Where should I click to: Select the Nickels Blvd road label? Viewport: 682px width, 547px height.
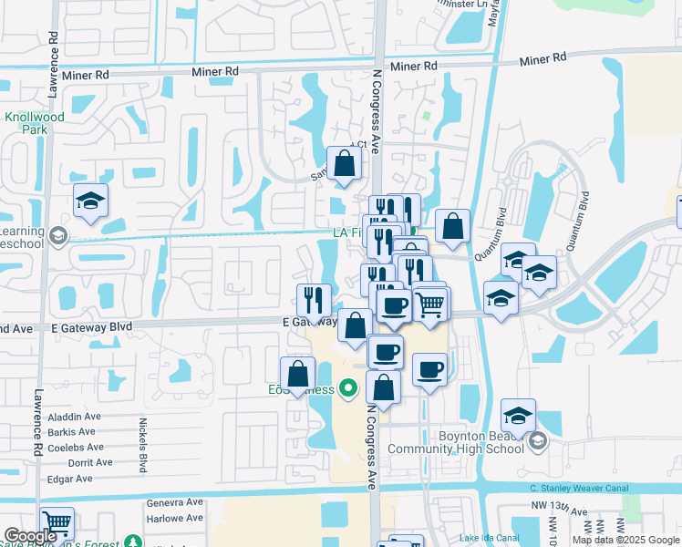tap(143, 446)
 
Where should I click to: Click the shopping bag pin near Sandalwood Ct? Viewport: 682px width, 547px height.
tap(345, 164)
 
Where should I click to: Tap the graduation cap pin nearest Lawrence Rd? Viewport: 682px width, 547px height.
tap(90, 201)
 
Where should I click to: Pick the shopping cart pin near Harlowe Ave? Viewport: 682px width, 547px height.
tap(57, 523)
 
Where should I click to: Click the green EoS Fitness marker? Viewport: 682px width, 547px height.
tap(346, 390)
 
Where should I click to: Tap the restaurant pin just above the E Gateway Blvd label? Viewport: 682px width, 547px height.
tap(314, 299)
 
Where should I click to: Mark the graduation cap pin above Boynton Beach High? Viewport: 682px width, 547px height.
tap(518, 417)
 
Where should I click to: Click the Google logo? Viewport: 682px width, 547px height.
tap(30, 536)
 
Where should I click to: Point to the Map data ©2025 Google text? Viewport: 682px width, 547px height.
tap(625, 540)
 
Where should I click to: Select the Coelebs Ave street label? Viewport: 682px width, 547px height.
tap(74, 447)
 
